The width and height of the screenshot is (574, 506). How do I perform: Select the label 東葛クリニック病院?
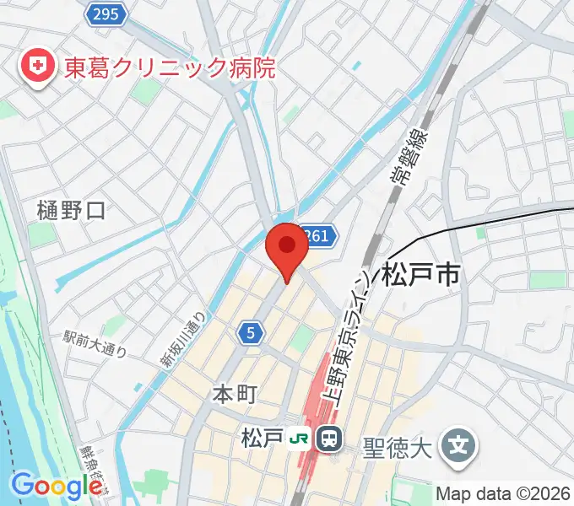tap(170, 67)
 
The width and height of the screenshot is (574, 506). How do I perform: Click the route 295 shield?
tap(107, 13)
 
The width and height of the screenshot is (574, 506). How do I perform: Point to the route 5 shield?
tap(250, 334)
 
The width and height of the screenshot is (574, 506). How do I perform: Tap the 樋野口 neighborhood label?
tap(72, 211)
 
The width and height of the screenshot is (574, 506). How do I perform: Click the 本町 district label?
tap(233, 393)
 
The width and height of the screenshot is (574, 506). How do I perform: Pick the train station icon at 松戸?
tap(328, 439)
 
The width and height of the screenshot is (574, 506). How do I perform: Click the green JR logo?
tap(298, 439)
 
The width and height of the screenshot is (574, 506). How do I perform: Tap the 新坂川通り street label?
tap(185, 338)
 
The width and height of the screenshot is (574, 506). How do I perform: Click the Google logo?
tap(57, 485)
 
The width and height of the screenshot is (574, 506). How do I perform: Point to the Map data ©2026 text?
tap(501, 493)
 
